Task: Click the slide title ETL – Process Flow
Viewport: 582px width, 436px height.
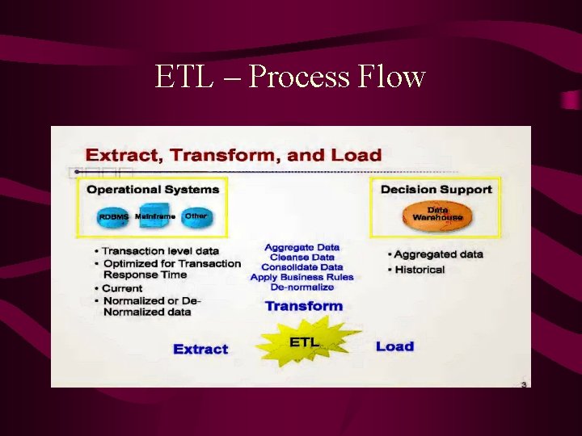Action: [x=290, y=77]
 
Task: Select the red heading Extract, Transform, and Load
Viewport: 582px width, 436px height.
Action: [x=234, y=154]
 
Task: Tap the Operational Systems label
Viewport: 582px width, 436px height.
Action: [x=153, y=190]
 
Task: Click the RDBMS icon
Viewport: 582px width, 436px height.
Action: [x=114, y=216]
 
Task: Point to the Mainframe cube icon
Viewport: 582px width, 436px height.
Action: [x=154, y=216]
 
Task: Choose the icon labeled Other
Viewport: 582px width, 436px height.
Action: [x=196, y=216]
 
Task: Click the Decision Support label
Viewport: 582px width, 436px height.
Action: [x=436, y=189]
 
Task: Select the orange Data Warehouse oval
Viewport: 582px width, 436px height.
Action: [x=437, y=214]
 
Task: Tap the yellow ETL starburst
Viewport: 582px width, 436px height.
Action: [x=303, y=342]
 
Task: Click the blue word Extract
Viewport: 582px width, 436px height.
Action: [x=200, y=349]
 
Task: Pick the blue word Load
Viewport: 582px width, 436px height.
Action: [x=394, y=346]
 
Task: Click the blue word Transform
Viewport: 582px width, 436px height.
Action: [x=303, y=306]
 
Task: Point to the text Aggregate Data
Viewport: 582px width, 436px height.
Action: [x=302, y=247]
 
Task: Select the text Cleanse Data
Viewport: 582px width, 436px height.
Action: [x=302, y=257]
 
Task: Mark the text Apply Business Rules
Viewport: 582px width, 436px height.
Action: [x=302, y=277]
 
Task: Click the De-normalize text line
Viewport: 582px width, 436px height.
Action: [x=302, y=287]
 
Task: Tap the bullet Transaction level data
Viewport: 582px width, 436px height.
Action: [x=160, y=251]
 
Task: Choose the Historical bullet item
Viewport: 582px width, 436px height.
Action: [x=420, y=270]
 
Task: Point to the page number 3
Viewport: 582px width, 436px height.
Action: [x=524, y=384]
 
